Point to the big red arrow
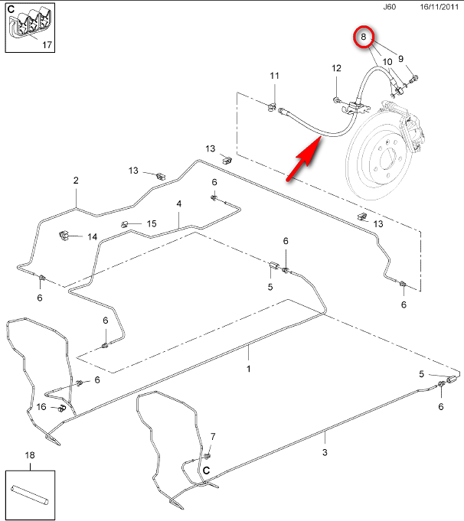[x=302, y=161]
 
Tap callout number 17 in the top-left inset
[x=47, y=45]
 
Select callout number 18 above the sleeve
[x=30, y=455]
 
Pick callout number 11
[x=274, y=76]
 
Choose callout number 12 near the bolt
[x=336, y=69]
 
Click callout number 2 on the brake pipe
[x=76, y=181]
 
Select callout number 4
[x=179, y=204]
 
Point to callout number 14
[x=92, y=236]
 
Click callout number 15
[x=151, y=223]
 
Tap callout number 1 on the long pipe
[x=248, y=369]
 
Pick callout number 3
[x=325, y=453]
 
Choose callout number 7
[x=213, y=437]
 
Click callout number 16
[x=41, y=406]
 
